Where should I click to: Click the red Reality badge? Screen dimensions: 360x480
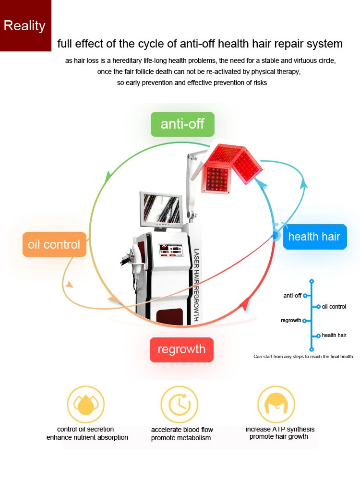pyautogui.click(x=26, y=26)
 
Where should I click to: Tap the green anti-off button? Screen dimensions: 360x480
pyautogui.click(x=182, y=124)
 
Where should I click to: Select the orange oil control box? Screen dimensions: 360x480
pyautogui.click(x=54, y=245)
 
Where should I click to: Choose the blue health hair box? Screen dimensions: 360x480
pyautogui.click(x=315, y=237)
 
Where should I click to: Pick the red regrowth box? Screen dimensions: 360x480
pyautogui.click(x=181, y=349)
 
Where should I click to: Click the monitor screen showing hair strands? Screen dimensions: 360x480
pyautogui.click(x=161, y=210)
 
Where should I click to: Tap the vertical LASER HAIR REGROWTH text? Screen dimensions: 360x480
pyautogui.click(x=196, y=285)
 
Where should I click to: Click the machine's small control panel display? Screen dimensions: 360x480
pyautogui.click(x=171, y=250)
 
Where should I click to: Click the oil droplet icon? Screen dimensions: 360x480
pyautogui.click(x=86, y=404)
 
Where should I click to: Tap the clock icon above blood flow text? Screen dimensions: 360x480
pyautogui.click(x=180, y=404)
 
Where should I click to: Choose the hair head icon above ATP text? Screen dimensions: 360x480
pyautogui.click(x=276, y=404)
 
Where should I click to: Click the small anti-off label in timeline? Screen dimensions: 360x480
pyautogui.click(x=292, y=296)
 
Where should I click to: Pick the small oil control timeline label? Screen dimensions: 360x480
pyautogui.click(x=334, y=307)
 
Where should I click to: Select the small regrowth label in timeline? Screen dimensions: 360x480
pyautogui.click(x=291, y=321)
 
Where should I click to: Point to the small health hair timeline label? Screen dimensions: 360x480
pyautogui.click(x=334, y=335)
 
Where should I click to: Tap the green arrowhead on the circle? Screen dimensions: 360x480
pyautogui.click(x=108, y=177)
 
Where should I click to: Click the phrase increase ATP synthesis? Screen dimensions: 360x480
pyautogui.click(x=280, y=429)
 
